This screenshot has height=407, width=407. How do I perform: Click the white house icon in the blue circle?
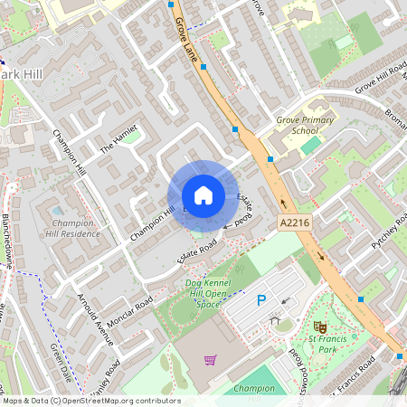pos(203,195)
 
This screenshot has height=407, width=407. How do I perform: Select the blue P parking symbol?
pos(262,301)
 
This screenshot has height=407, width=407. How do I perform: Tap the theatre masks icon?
pos(318,326)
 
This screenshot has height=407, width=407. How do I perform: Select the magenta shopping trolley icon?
pos(210,360)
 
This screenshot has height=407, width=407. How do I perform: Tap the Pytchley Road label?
pos(389,230)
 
